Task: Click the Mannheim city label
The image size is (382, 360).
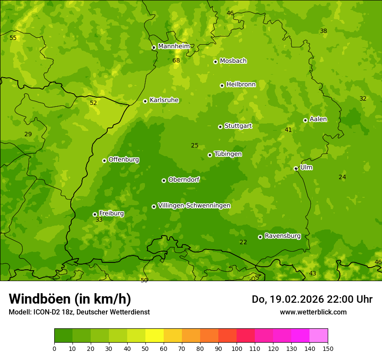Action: point(174,46)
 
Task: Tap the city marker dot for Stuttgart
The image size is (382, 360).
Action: point(220,127)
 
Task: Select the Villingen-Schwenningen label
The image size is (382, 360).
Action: point(194,206)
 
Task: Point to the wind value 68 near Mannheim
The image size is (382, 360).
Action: point(176,60)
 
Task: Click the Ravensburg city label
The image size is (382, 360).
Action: point(283,236)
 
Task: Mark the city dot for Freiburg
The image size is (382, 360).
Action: point(95,214)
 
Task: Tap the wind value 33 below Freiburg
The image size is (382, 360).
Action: point(99,220)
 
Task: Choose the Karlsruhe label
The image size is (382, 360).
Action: point(164,100)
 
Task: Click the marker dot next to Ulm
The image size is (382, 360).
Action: point(296,168)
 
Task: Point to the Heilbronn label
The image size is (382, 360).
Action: point(241,85)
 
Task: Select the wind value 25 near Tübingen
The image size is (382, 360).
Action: point(194,146)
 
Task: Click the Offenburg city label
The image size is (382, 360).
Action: point(124,160)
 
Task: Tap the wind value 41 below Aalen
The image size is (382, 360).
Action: point(288,130)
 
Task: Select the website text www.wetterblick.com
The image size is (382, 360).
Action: point(313,312)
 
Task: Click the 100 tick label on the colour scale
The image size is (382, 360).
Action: point(237,348)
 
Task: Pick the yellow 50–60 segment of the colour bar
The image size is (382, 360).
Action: point(155,336)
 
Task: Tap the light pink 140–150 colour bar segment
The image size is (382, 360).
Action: point(319,336)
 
